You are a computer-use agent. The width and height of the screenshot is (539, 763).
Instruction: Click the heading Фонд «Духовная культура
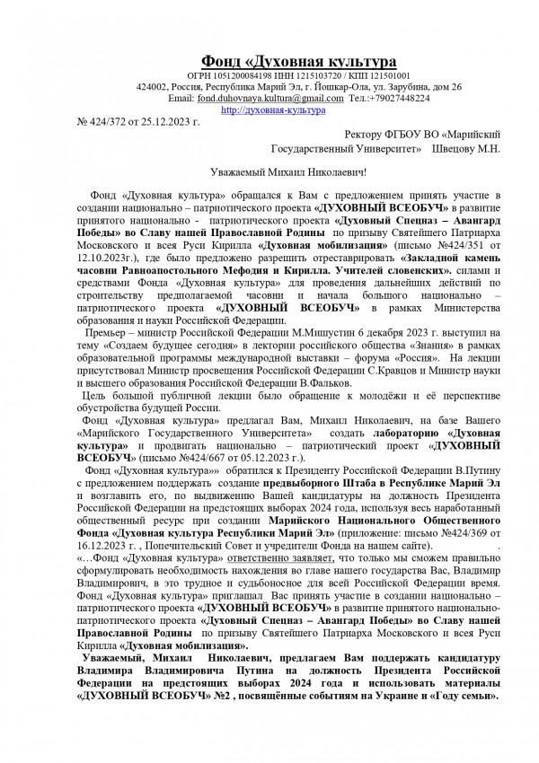(x=296, y=61)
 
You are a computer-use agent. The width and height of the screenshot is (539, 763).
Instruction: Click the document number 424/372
(x=111, y=119)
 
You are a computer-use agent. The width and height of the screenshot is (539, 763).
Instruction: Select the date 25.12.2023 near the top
(x=168, y=119)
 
